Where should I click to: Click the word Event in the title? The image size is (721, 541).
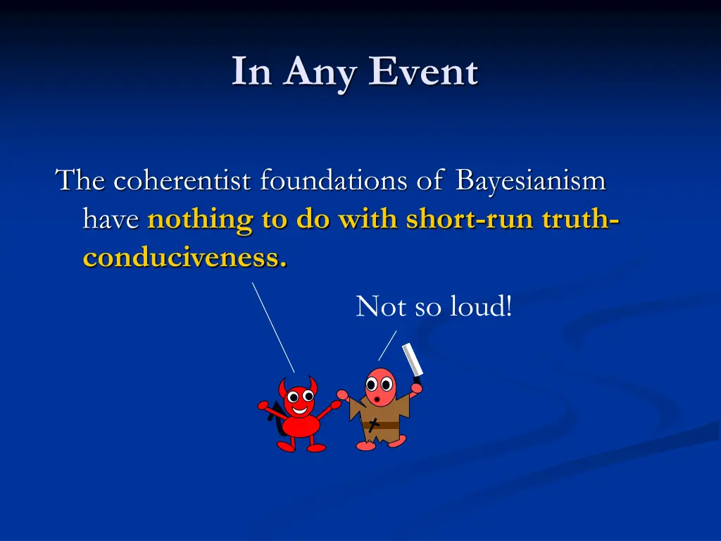click(x=425, y=72)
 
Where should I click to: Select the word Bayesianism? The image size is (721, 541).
click(x=530, y=181)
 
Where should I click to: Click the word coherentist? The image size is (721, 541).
click(x=182, y=181)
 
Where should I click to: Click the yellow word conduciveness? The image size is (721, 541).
click(x=184, y=258)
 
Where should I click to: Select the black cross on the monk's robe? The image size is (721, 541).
click(x=374, y=424)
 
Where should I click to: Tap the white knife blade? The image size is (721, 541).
click(x=411, y=360)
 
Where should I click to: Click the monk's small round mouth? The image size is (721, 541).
click(x=377, y=399)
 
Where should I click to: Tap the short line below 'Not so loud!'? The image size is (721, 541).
click(x=387, y=345)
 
